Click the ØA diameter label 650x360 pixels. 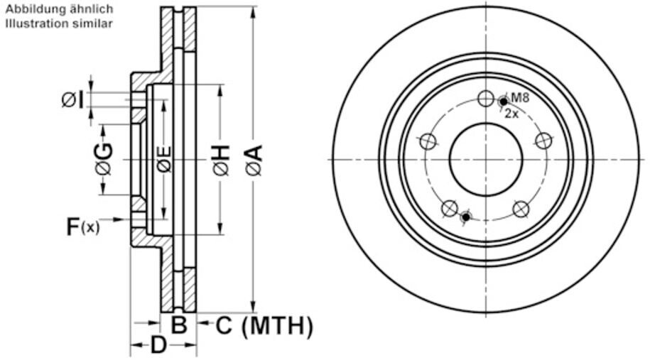coord(254,160)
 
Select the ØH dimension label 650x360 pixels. coord(222,160)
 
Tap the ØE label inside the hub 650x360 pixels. coord(165,159)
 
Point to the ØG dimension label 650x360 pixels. coord(104,159)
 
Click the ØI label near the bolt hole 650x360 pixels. coord(73,100)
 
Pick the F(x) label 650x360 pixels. coord(83,227)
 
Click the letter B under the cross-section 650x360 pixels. coord(179,324)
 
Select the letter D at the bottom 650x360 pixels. coord(158,345)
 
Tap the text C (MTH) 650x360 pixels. coord(264,326)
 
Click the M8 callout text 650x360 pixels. coord(520,98)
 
